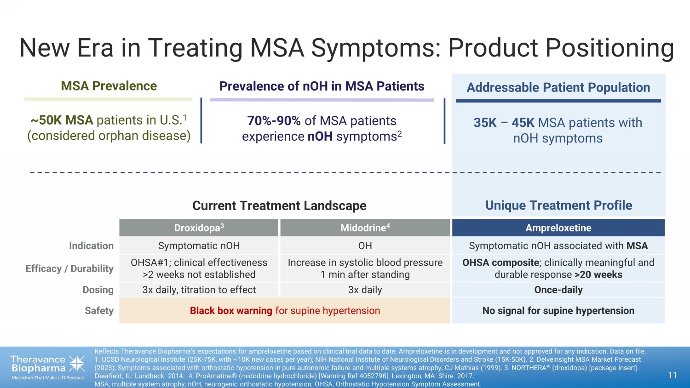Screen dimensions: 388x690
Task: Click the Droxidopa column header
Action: tap(199, 228)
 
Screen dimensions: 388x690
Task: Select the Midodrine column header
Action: tap(365, 228)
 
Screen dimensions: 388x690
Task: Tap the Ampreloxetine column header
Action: tap(558, 228)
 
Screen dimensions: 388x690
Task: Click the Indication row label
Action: tap(91, 246)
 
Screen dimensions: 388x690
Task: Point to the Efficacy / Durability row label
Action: tap(69, 268)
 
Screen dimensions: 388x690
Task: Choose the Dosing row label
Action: tap(98, 290)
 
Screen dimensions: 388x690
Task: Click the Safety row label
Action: tap(99, 311)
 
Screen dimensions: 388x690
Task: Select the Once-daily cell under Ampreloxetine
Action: tap(558, 290)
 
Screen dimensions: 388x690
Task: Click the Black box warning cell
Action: tap(285, 311)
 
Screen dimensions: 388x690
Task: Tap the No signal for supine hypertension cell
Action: tap(558, 311)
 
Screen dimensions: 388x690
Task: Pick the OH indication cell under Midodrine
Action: tap(365, 246)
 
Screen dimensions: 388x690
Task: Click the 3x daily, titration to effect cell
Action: tap(199, 290)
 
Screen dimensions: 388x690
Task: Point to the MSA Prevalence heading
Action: tap(109, 86)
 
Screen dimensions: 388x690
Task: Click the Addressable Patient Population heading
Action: tap(558, 87)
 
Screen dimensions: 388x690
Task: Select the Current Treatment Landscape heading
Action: tap(279, 205)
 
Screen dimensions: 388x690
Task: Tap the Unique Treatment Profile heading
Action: tap(558, 205)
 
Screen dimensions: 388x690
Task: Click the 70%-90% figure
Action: tap(274, 121)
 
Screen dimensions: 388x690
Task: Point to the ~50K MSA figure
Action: tap(62, 120)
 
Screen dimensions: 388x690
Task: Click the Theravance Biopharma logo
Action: tap(47, 367)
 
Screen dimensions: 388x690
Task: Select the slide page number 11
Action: tap(672, 375)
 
